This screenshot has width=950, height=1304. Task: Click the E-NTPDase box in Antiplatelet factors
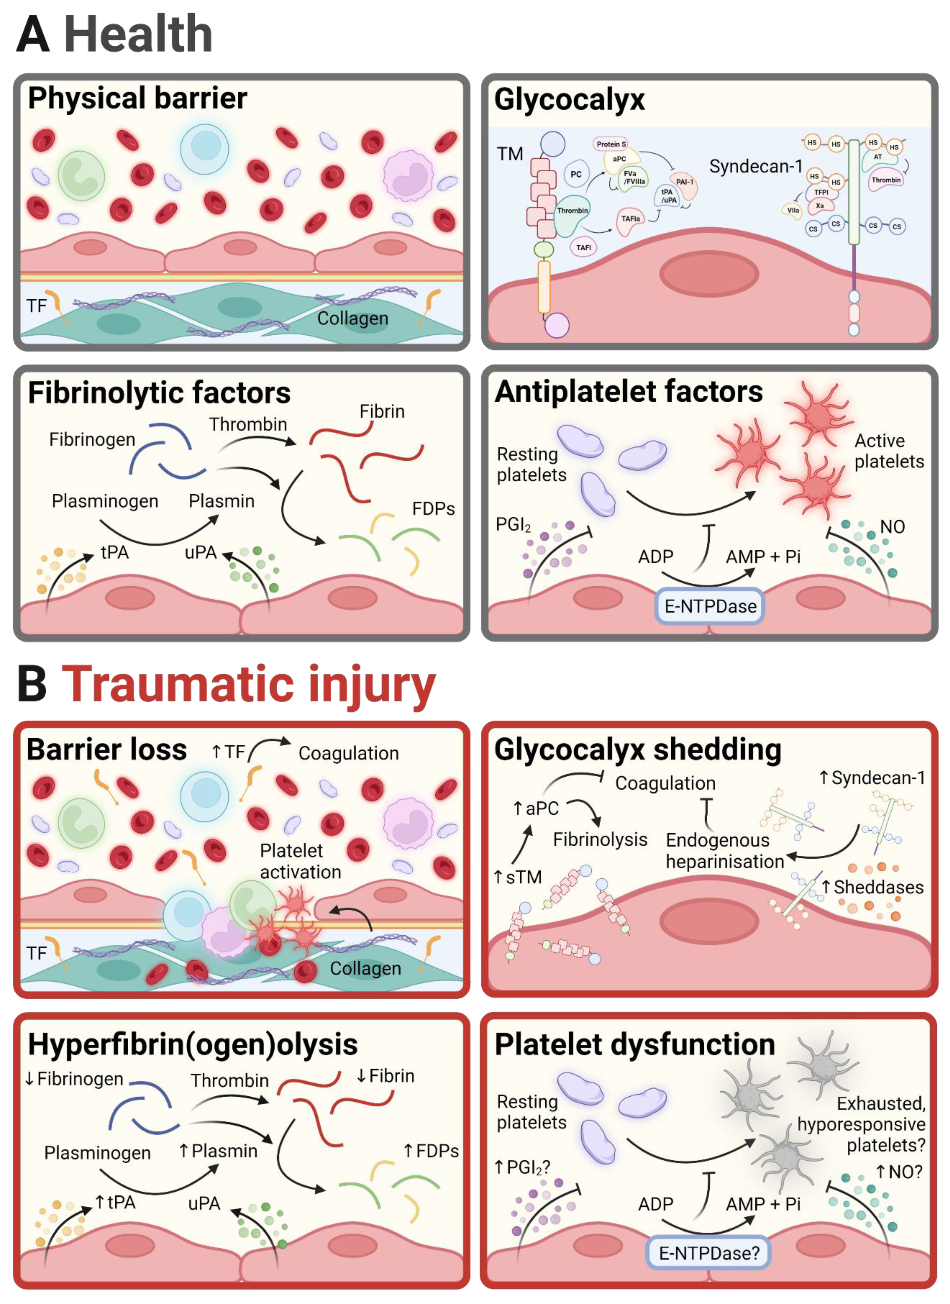click(x=709, y=606)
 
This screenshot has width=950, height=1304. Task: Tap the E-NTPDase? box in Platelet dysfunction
click(x=708, y=1253)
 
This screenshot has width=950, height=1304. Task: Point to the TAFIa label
click(x=631, y=219)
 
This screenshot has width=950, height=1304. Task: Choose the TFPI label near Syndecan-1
click(x=821, y=192)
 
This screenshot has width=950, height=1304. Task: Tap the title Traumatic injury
click(x=249, y=684)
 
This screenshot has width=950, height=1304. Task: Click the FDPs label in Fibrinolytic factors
click(x=433, y=509)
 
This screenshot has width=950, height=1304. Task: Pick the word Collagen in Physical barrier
click(x=353, y=318)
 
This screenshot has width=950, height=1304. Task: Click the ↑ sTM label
click(x=518, y=877)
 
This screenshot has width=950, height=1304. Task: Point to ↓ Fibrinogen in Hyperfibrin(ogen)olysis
click(x=74, y=1079)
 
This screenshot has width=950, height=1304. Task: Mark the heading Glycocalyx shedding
click(x=638, y=750)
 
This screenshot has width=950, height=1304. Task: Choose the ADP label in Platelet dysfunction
click(x=656, y=1204)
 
